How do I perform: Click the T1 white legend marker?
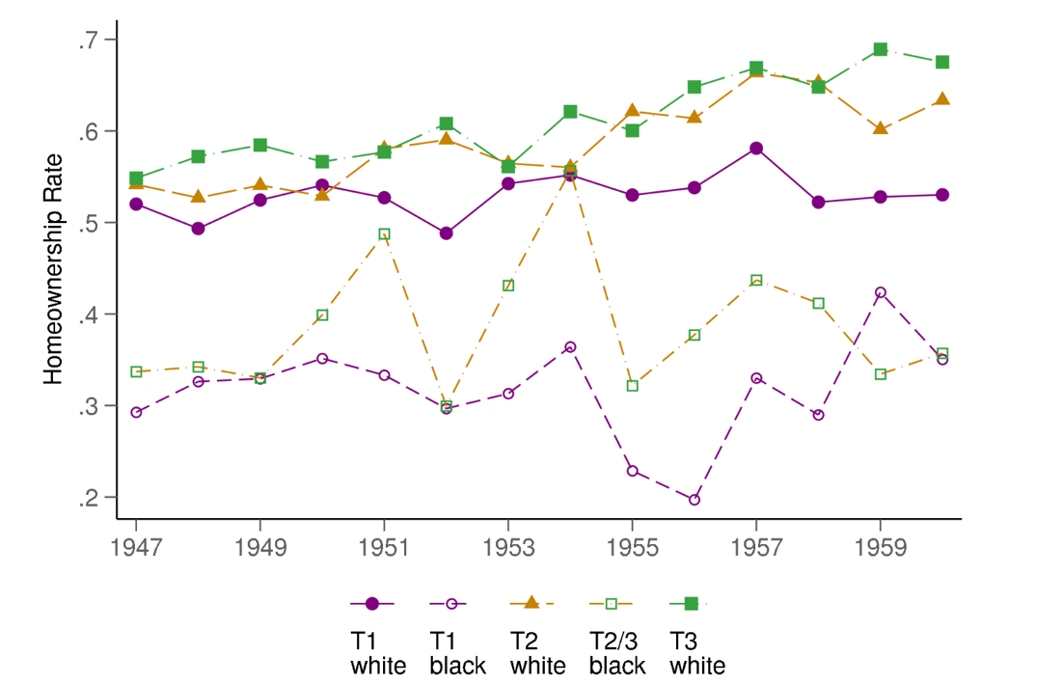click(x=372, y=604)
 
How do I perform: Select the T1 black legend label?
click(x=456, y=652)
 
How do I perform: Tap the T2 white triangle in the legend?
click(x=530, y=603)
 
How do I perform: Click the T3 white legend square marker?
click(x=691, y=604)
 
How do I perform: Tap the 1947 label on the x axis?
click(x=136, y=548)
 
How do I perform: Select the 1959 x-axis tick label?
click(x=880, y=548)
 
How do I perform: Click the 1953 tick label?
click(x=508, y=548)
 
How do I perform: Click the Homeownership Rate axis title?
click(x=54, y=269)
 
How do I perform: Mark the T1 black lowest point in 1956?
click(x=694, y=500)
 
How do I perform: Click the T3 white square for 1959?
click(x=880, y=49)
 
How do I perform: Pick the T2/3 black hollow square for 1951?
click(x=384, y=234)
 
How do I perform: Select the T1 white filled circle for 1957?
click(x=756, y=149)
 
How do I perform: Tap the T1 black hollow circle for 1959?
click(x=880, y=292)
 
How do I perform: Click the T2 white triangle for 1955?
click(x=632, y=111)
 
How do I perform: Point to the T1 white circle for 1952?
click(x=446, y=233)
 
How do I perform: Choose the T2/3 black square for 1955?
click(x=632, y=386)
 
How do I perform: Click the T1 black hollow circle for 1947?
click(x=136, y=412)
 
